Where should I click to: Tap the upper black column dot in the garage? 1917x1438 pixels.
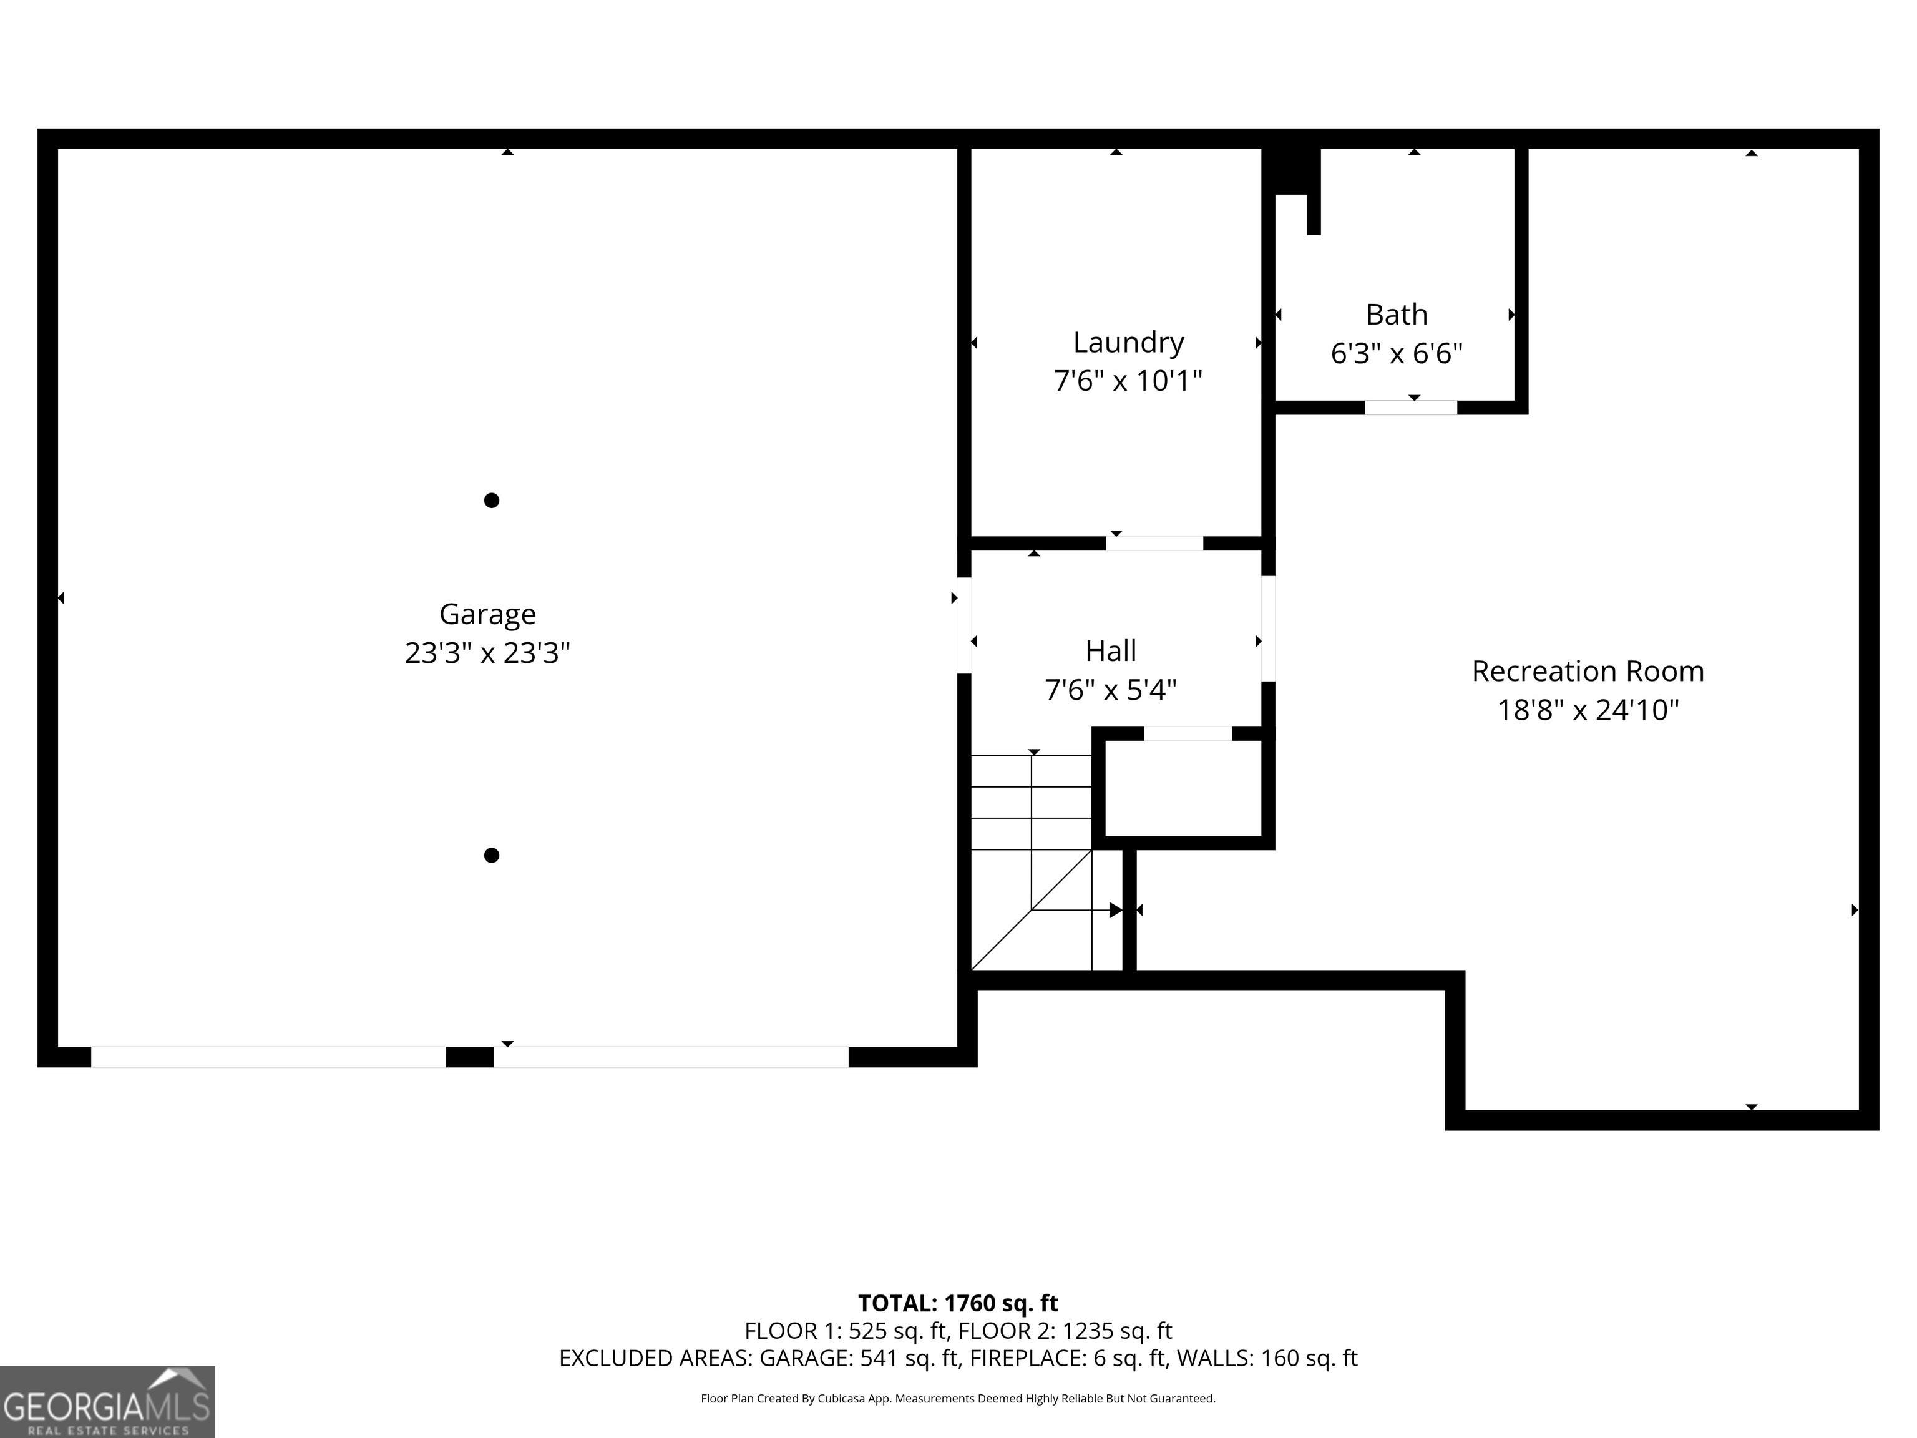click(x=491, y=500)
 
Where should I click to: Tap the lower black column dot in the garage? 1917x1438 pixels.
click(x=491, y=856)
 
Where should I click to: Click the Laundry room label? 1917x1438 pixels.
click(x=1128, y=343)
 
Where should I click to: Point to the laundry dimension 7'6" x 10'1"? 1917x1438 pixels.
click(x=1128, y=381)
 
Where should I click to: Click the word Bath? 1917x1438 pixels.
click(x=1396, y=315)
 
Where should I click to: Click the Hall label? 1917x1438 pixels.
click(x=1110, y=651)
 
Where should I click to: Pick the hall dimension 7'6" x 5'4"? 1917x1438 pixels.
click(x=1110, y=690)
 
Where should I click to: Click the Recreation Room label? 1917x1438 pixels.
click(x=1588, y=671)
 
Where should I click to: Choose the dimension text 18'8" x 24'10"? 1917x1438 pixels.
click(x=1588, y=710)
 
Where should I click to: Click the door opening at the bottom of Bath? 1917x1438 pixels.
click(x=1410, y=408)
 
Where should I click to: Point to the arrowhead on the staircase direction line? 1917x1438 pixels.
click(x=1115, y=910)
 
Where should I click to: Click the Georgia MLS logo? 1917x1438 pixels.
click(x=107, y=1402)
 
